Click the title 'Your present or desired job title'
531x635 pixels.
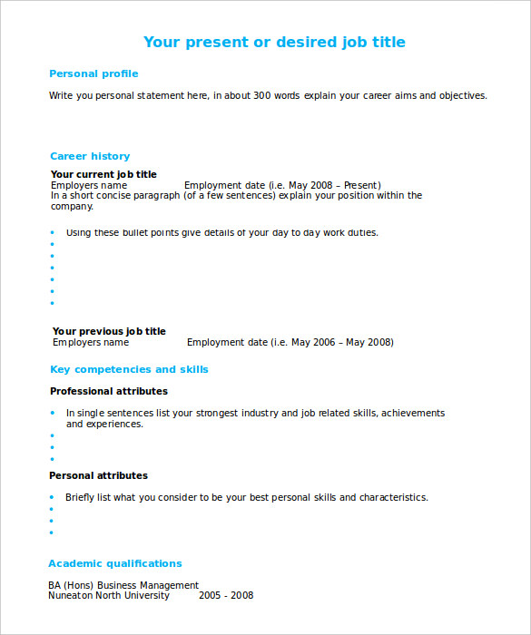tap(274, 43)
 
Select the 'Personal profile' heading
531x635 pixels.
tap(93, 73)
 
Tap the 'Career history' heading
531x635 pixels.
tap(90, 156)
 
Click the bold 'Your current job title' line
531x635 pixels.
tap(103, 174)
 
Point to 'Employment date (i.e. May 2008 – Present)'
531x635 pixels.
tap(282, 185)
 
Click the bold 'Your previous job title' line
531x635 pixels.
tap(109, 331)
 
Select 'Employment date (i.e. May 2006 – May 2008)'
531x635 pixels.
tap(290, 342)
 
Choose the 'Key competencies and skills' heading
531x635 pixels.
tap(129, 369)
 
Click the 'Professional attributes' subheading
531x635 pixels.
tap(108, 391)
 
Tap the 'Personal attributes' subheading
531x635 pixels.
tap(98, 475)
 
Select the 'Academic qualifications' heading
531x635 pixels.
tap(115, 563)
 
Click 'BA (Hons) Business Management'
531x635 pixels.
tap(123, 585)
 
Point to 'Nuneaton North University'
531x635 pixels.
tap(109, 595)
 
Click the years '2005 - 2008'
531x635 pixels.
tap(226, 595)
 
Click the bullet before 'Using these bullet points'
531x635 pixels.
tap(52, 232)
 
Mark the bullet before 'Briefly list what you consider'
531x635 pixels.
tap(52, 497)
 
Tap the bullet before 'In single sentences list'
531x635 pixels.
tap(52, 413)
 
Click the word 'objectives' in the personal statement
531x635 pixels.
tap(462, 95)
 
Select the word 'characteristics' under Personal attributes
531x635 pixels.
tap(393, 497)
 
